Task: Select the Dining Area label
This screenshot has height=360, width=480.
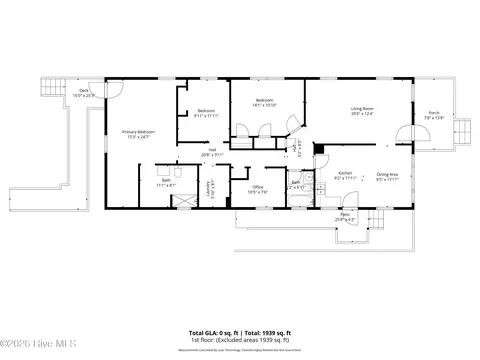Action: coord(388,175)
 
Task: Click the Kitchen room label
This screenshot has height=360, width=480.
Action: coord(345,175)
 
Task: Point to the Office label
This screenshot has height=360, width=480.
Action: coord(257,187)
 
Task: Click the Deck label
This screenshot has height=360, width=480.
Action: coord(85,91)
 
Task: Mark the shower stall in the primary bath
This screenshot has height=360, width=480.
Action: coord(184,200)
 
